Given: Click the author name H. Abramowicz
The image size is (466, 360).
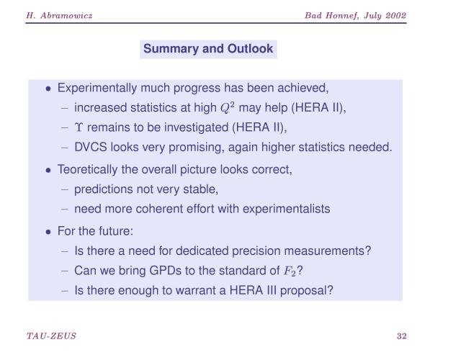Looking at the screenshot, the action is [59, 15].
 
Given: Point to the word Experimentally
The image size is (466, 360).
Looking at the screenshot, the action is [97, 89].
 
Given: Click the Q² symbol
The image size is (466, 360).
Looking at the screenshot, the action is [228, 107].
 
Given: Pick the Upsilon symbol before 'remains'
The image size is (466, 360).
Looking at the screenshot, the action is [79, 127].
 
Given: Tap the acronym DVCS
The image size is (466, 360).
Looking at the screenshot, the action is [91, 147].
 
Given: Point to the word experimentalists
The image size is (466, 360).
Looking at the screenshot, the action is [286, 209].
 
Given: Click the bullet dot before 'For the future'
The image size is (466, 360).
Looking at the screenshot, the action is [48, 232].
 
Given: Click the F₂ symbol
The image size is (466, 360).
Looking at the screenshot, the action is [290, 271].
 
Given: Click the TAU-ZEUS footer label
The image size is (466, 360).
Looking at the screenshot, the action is [51, 336].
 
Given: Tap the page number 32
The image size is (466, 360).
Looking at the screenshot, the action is [401, 336].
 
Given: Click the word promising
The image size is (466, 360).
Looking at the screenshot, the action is [197, 148].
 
